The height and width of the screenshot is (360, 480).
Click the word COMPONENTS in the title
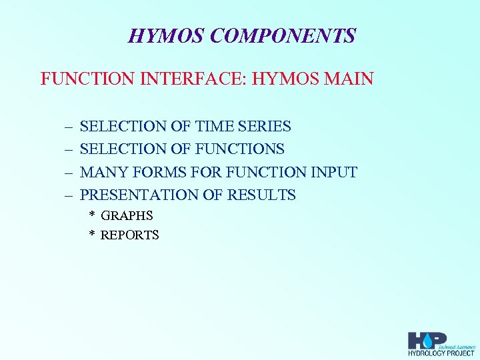282,35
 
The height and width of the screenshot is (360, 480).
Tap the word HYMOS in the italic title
165,35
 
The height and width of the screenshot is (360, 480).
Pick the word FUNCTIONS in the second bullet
241,149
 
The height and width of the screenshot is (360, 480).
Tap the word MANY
104,173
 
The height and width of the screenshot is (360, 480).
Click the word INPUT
334,173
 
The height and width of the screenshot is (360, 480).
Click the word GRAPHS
127,215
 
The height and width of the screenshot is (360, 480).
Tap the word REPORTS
129,235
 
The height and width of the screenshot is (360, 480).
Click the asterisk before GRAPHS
93,215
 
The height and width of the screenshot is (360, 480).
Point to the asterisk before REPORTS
93,235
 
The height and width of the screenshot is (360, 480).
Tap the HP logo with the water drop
427,339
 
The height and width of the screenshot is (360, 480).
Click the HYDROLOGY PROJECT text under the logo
441,353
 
